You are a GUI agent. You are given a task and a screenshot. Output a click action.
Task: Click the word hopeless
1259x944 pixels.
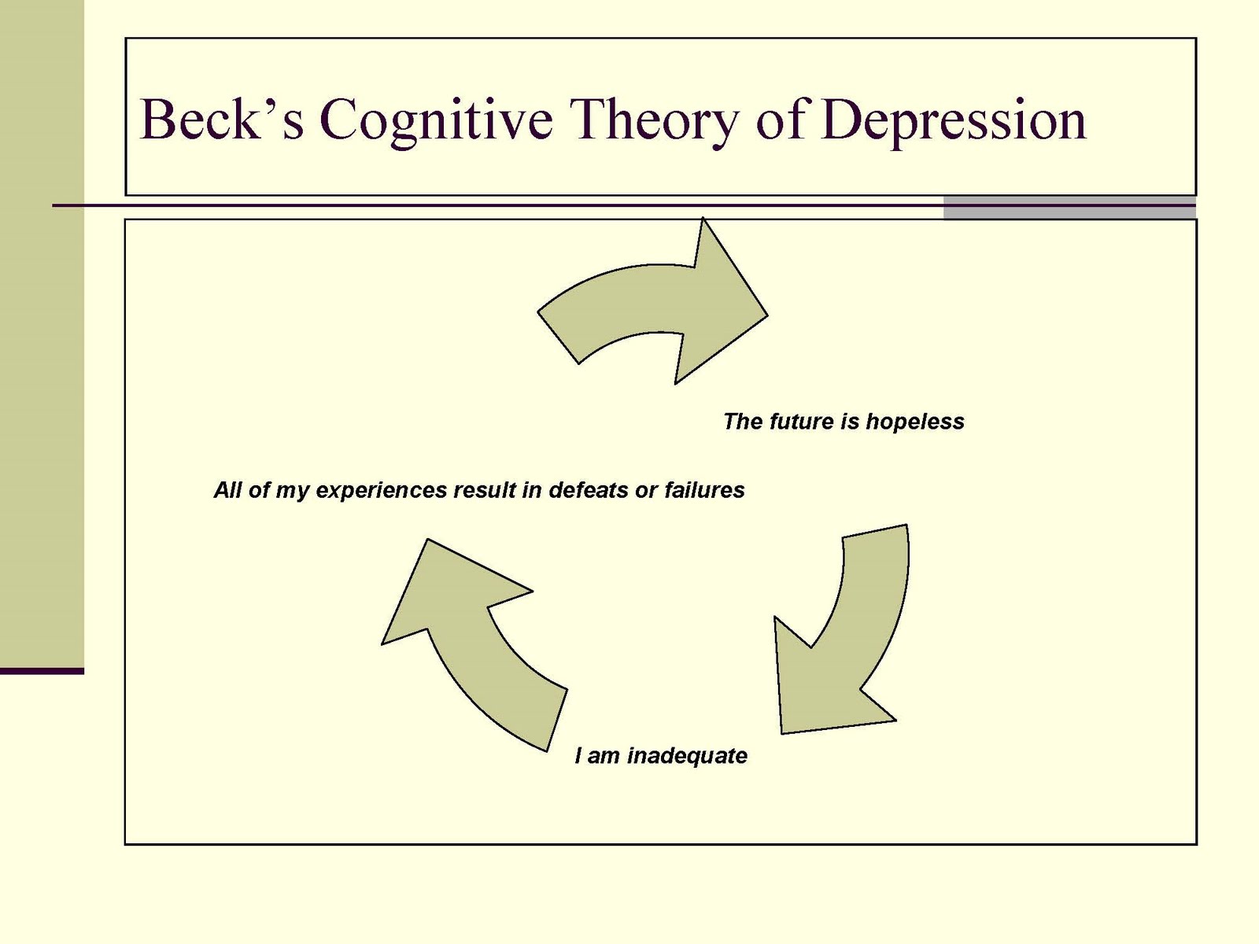click(x=914, y=422)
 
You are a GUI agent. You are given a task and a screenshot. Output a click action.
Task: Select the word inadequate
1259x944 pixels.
click(x=687, y=756)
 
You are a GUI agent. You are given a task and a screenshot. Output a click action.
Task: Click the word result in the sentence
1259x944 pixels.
click(x=484, y=490)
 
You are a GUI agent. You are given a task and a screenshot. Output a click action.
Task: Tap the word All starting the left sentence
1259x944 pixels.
click(x=227, y=490)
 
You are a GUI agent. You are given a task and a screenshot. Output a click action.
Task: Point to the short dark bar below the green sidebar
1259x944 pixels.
click(x=42, y=671)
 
